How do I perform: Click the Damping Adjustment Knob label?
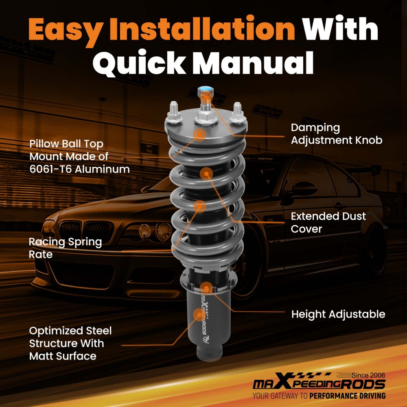(337, 134)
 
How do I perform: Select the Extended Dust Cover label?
(328, 222)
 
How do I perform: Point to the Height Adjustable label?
(338, 314)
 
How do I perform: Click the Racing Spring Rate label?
(65, 248)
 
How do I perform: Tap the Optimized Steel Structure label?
(70, 343)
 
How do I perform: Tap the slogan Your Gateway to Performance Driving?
(319, 396)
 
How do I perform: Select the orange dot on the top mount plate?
(200, 134)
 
